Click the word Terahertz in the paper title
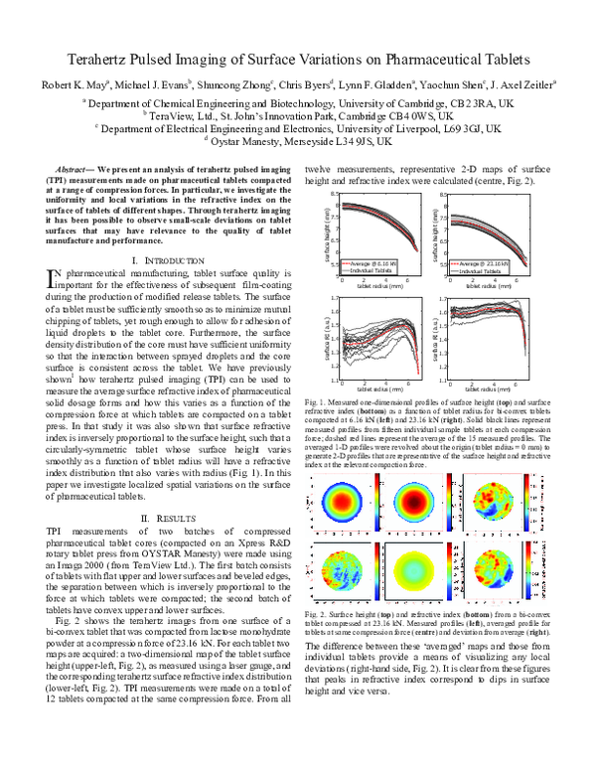coord(102,60)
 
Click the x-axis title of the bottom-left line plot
coord(378,361)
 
